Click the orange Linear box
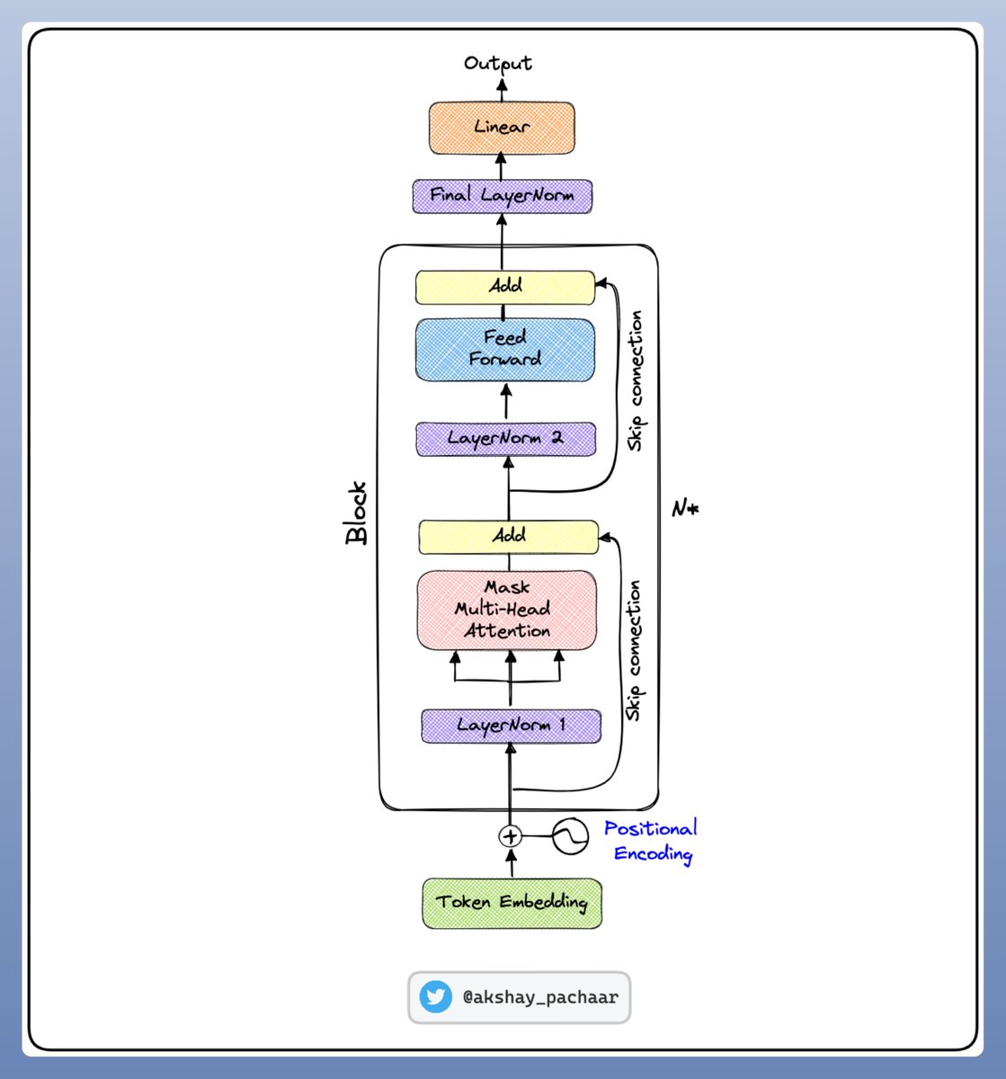click(502, 127)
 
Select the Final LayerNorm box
click(502, 195)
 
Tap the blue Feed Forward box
click(505, 349)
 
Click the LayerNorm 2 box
click(506, 439)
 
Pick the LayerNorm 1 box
click(511, 726)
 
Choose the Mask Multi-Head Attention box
click(507, 610)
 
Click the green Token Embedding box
click(512, 903)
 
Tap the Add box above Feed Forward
click(505, 287)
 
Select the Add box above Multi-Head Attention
click(508, 536)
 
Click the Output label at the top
click(498, 63)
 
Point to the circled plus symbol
click(510, 836)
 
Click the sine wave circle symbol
click(570, 836)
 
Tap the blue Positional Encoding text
click(651, 841)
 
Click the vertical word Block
click(357, 513)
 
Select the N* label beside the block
click(685, 509)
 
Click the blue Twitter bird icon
click(436, 997)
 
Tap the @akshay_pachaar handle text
click(539, 997)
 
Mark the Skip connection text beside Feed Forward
click(637, 380)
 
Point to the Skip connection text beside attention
click(635, 649)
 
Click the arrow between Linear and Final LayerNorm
click(502, 166)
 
